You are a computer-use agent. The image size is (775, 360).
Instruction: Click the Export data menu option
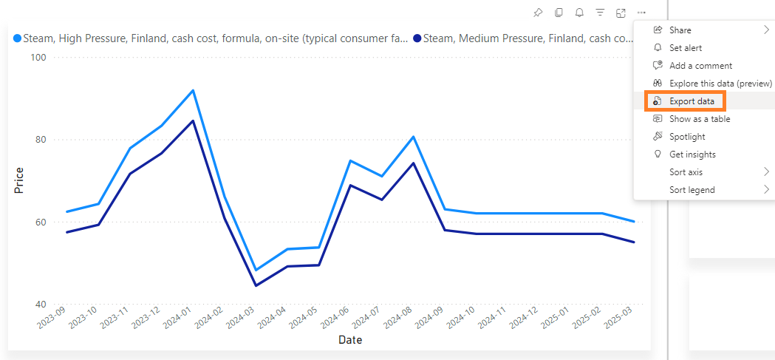click(692, 101)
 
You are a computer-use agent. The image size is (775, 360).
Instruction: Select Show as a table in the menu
click(699, 119)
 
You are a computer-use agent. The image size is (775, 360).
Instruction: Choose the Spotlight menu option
click(687, 137)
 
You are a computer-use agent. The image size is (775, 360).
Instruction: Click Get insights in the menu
click(692, 154)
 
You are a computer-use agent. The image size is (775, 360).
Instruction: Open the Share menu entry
click(680, 30)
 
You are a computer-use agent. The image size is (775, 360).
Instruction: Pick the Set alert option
click(686, 48)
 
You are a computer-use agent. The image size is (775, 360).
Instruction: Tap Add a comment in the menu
click(700, 66)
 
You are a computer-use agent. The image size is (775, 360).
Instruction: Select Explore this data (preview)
click(720, 84)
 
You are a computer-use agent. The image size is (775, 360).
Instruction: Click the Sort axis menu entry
click(686, 172)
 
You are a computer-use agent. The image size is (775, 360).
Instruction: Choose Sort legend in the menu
click(692, 190)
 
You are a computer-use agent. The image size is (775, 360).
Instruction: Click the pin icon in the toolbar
click(538, 13)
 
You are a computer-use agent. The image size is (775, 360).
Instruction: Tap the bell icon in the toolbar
click(579, 13)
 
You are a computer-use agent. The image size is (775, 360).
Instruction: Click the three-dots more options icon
click(641, 13)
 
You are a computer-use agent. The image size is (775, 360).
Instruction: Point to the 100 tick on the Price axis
click(37, 58)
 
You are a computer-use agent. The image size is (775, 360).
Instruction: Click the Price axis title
click(19, 180)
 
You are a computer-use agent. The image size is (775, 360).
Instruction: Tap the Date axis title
click(350, 341)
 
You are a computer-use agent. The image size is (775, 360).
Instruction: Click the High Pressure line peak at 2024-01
click(193, 90)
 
